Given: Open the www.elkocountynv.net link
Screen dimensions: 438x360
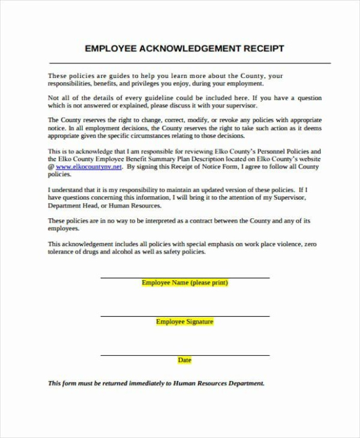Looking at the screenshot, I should (x=89, y=167).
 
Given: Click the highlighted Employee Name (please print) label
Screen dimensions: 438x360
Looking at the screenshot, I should (x=185, y=283).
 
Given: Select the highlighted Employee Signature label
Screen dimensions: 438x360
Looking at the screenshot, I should (x=185, y=322).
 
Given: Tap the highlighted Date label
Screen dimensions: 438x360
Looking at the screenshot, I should (x=185, y=360).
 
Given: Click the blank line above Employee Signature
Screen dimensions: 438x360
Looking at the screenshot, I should (x=185, y=316).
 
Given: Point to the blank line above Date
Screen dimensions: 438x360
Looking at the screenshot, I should (x=185, y=354).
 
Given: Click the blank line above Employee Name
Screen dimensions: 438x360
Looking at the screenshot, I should (x=185, y=278).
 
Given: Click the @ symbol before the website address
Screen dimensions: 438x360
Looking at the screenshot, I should (x=51, y=167).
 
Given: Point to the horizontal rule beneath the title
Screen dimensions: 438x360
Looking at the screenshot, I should (x=189, y=62).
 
